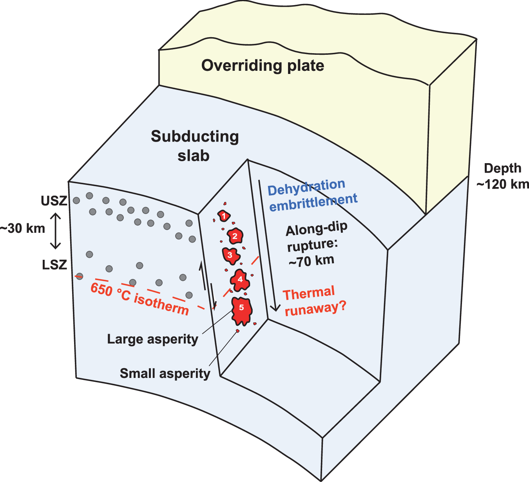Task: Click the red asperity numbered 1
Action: (224, 216)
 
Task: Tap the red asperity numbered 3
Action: (230, 255)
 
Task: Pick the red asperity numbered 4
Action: (240, 280)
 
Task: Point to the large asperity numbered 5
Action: (241, 310)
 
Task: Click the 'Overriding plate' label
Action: (263, 65)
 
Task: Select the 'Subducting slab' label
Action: (194, 146)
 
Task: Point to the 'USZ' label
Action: (54, 201)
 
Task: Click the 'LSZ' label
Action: (54, 265)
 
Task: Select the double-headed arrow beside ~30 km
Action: (55, 231)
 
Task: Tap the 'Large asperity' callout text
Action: (152, 339)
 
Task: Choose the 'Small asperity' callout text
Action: (165, 373)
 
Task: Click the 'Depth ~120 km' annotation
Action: (503, 176)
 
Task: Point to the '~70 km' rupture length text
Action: (312, 261)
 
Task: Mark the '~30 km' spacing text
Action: (23, 228)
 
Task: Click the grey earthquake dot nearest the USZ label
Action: (76, 201)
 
